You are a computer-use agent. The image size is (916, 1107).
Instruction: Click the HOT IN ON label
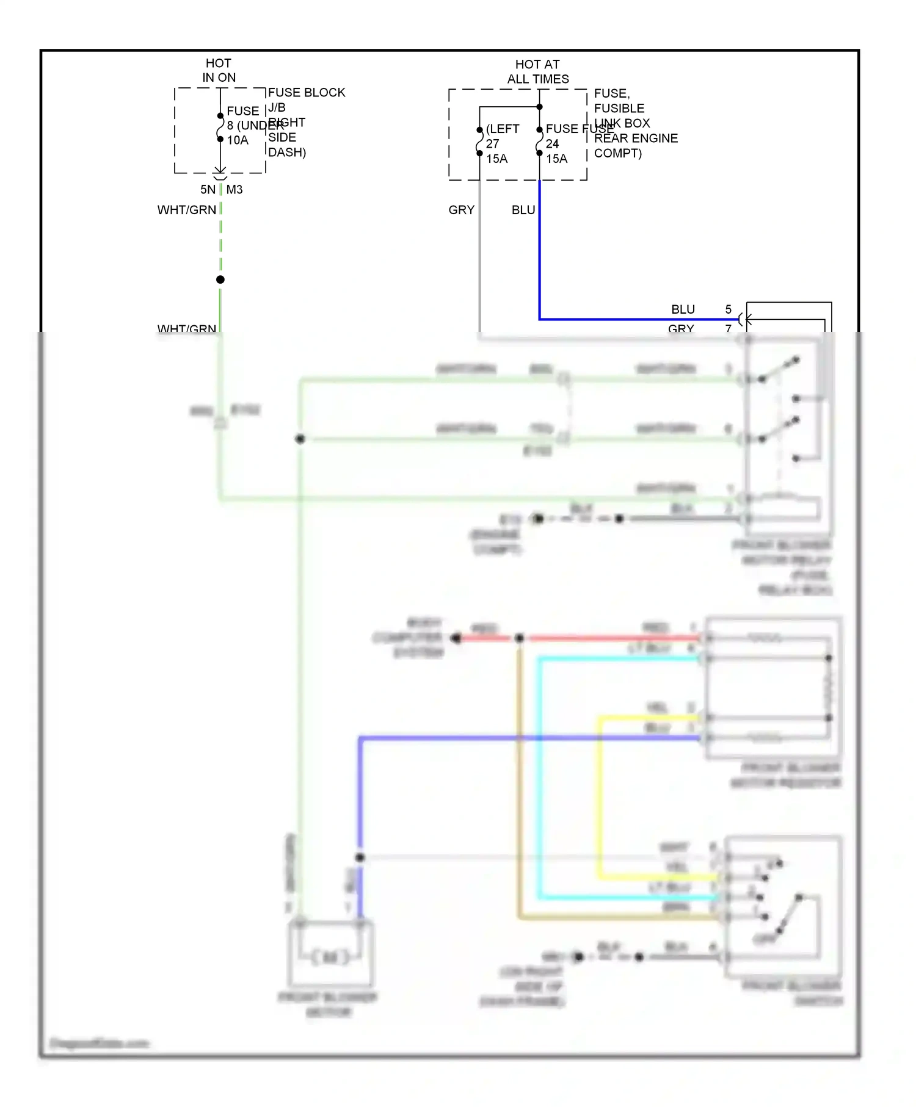[219, 70]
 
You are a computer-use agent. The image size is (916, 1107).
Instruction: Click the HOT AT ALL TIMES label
[537, 71]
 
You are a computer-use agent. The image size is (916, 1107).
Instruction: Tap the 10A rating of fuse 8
[238, 140]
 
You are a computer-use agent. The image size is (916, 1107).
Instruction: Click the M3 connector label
[234, 190]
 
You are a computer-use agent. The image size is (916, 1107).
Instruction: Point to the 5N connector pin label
[208, 190]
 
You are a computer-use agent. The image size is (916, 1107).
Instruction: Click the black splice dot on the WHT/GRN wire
[220, 279]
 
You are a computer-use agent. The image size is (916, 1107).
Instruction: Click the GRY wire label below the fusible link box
[461, 210]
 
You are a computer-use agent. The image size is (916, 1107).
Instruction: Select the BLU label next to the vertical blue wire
[523, 210]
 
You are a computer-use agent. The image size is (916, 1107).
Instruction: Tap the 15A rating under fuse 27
[496, 159]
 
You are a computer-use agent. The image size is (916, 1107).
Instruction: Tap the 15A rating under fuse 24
[556, 159]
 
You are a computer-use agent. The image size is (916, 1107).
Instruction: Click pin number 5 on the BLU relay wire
[728, 309]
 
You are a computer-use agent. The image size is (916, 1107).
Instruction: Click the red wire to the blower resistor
[611, 638]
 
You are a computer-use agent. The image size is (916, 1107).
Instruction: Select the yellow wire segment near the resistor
[647, 718]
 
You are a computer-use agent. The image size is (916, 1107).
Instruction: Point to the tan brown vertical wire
[519, 781]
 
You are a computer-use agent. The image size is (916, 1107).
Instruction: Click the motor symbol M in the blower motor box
[330, 957]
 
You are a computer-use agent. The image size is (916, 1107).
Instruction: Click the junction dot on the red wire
[519, 638]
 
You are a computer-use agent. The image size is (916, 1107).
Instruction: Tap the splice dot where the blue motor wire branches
[360, 857]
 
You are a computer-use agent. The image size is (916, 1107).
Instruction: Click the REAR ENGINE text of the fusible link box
[635, 139]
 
